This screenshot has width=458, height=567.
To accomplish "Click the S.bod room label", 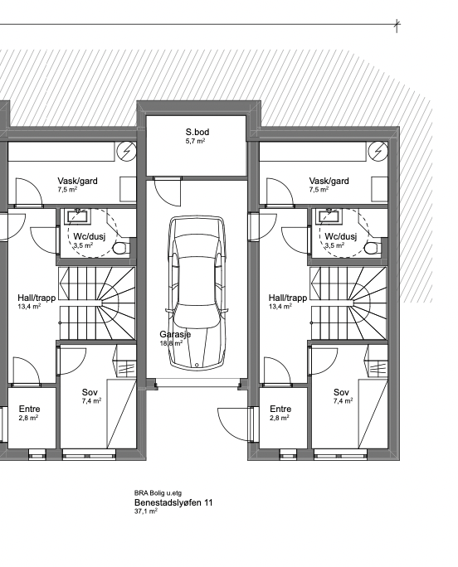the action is [197, 132].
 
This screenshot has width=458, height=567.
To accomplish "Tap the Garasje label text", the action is [175, 335].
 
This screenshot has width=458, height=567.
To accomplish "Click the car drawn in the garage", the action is [197, 293].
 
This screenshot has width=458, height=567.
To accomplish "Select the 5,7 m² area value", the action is [196, 141].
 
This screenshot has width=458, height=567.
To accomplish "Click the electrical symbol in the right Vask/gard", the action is [378, 152].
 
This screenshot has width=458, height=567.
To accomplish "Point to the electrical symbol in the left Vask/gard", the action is [126, 152].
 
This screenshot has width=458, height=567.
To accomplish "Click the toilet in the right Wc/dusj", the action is [373, 249].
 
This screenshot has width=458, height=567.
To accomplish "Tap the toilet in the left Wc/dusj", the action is [121, 249].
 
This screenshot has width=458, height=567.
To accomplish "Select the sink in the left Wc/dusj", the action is [78, 216].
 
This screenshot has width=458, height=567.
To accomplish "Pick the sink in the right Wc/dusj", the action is [329, 216].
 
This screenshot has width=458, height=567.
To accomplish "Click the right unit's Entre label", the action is [280, 409].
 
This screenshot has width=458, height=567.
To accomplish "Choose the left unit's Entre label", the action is [29, 409].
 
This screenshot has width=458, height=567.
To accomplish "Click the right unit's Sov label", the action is [341, 392].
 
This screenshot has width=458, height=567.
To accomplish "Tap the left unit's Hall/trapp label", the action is [37, 298].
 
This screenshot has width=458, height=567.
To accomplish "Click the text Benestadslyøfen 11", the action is [173, 502].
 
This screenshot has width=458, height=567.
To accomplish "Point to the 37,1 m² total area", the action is [146, 511].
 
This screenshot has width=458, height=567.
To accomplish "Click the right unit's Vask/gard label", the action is [329, 181].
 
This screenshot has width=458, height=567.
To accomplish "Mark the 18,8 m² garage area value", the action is [171, 343].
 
